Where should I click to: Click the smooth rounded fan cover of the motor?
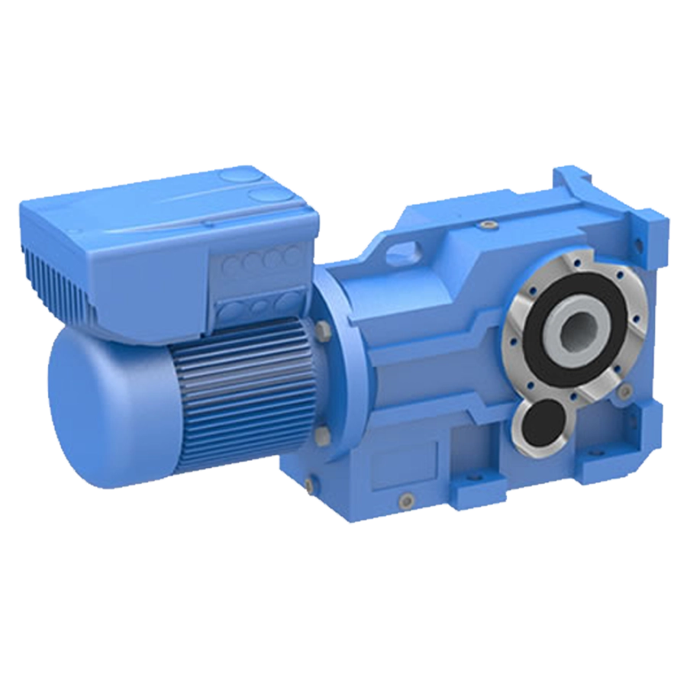pos(92,412)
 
